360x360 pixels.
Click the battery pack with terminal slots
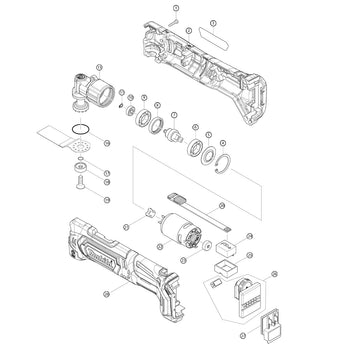pyautogui.click(x=246, y=294)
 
